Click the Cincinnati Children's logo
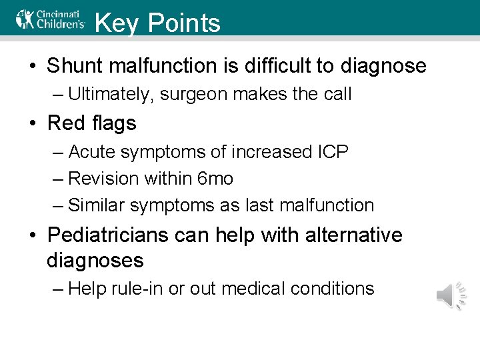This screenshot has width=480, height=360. pos(51,19)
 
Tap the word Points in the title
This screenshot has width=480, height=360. pos(184,23)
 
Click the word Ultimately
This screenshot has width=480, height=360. pos(112,95)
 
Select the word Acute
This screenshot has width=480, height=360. pos(91,152)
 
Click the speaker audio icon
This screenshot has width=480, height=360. pos(450,295)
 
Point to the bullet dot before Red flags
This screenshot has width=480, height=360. pos(33,124)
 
